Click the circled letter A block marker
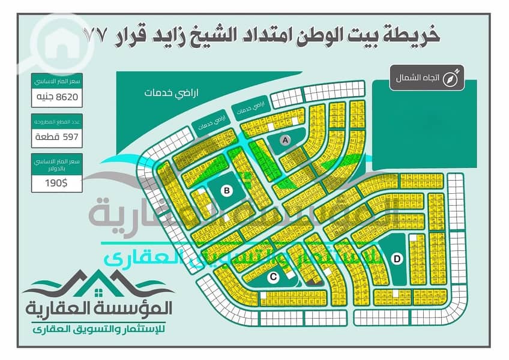286,139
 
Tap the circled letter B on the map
227,191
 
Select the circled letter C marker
273,277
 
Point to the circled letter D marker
397,259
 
